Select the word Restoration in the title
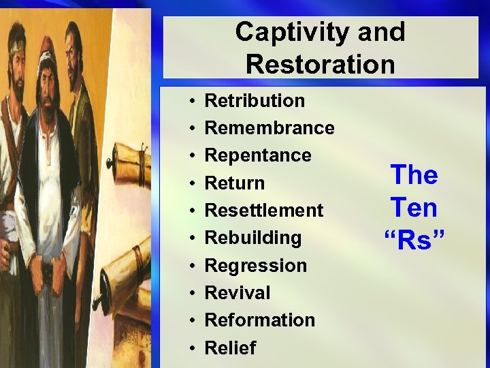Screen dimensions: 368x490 320,64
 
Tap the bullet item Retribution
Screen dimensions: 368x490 255,101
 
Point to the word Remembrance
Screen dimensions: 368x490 269,128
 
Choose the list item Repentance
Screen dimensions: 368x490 258,155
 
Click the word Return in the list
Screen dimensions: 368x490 235,183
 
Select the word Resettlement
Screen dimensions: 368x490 264,211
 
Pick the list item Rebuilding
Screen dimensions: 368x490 252,238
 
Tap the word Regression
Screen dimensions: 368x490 255,265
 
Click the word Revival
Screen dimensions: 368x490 238,293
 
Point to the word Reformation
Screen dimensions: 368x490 259,320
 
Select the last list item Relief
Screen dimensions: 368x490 230,348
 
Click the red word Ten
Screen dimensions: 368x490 413,208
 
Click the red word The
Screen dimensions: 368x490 413,176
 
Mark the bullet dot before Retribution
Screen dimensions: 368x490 193,102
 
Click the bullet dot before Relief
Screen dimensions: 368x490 193,348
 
